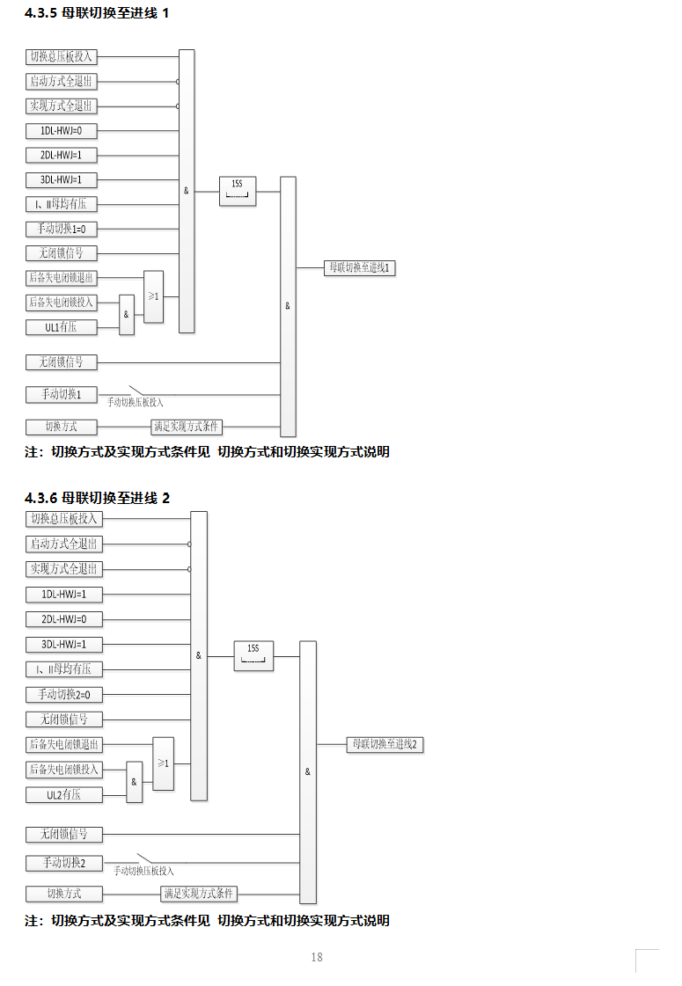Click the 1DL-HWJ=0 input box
click(61, 131)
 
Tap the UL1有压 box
click(61, 327)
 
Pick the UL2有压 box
click(63, 795)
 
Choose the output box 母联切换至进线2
click(384, 745)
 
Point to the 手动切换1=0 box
click(61, 229)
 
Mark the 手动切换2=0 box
click(63, 695)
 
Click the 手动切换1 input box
click(61, 395)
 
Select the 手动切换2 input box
click(63, 863)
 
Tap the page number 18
click(317, 957)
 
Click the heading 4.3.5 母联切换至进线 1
click(96, 14)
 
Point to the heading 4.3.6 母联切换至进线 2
click(97, 498)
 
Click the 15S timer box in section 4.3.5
click(237, 191)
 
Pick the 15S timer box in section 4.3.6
click(253, 656)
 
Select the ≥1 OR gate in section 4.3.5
click(153, 296)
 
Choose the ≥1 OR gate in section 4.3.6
click(163, 763)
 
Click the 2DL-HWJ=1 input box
click(61, 156)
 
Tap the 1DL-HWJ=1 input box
click(63, 595)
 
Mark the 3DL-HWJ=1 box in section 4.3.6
click(63, 644)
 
